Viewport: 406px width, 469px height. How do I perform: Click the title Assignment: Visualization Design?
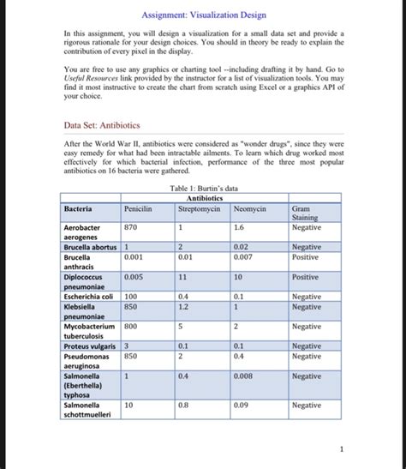(203, 15)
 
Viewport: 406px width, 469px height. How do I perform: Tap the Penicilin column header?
(138, 208)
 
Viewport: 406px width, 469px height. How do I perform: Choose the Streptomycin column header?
(199, 208)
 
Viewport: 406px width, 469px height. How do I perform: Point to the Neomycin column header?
(250, 208)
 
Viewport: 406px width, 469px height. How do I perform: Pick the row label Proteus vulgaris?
(90, 346)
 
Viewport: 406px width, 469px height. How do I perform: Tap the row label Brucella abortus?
(92, 246)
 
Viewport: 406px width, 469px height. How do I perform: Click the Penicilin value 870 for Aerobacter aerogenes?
(131, 228)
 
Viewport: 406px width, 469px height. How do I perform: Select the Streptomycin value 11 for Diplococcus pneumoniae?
(183, 277)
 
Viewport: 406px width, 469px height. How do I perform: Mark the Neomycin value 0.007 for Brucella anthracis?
(242, 256)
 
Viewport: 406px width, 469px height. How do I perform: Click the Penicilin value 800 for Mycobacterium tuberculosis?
(131, 326)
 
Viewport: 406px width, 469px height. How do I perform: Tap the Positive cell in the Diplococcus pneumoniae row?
(305, 277)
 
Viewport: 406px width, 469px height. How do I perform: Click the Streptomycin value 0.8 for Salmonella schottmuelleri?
(184, 405)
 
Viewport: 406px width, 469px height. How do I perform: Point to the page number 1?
(340, 448)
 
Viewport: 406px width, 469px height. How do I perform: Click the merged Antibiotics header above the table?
(203, 198)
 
